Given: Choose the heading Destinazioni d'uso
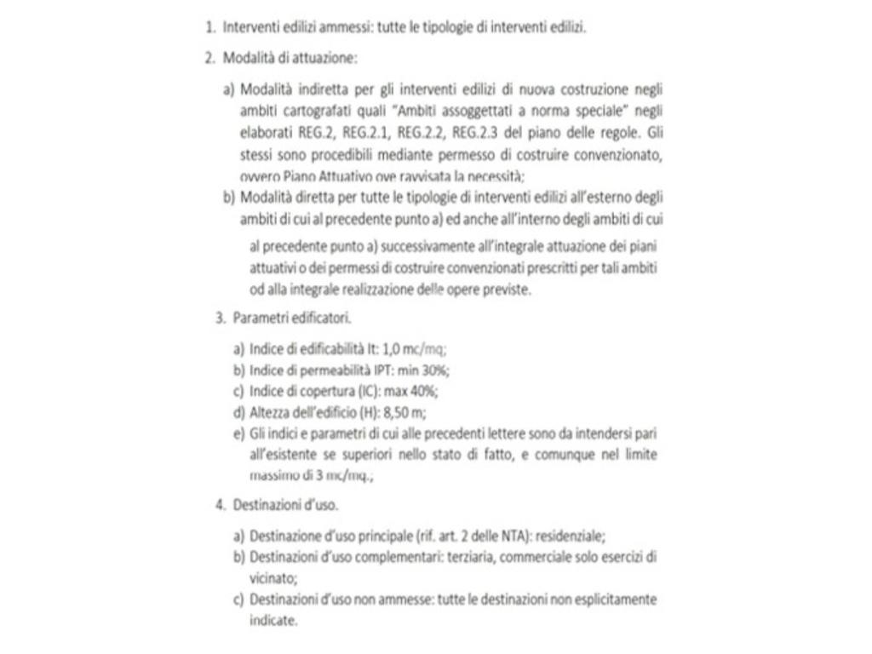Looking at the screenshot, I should coord(285,504).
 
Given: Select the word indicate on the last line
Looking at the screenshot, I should coord(272,620).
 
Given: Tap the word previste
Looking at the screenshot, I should coord(507,289).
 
